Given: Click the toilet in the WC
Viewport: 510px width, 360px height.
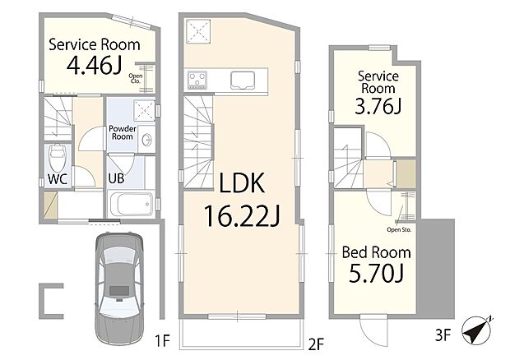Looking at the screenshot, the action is tap(58, 157).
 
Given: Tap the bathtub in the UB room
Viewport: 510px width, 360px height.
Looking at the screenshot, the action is tap(132, 204).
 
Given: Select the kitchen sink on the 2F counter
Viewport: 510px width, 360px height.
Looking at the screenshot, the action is tap(243, 80).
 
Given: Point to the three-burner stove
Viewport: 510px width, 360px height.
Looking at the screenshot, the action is tap(197, 80).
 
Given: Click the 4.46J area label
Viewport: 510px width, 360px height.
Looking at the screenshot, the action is tap(95, 65).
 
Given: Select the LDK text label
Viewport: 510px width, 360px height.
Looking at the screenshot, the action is tap(242, 183).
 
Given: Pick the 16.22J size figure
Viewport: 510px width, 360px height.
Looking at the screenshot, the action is tap(242, 215).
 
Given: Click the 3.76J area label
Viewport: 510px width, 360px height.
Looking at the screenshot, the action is tap(378, 106).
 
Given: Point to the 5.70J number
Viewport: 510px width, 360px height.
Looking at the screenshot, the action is tap(376, 273).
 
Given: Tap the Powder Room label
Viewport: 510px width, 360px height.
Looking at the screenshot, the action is tap(123, 132).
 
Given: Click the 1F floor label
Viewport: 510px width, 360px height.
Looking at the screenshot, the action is tap(162, 341).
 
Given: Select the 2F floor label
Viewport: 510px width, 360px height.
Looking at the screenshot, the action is tap(316, 344).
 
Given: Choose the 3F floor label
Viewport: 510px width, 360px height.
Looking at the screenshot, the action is tap(443, 335).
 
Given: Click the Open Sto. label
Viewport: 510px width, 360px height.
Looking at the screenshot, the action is tap(399, 229).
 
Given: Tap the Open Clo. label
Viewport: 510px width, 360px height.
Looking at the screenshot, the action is tap(135, 78).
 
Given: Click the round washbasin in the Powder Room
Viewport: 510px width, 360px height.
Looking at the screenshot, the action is tap(147, 141).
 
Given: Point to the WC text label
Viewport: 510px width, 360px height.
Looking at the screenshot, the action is tap(58, 179).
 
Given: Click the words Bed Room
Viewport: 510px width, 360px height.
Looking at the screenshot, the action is tap(376, 252).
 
